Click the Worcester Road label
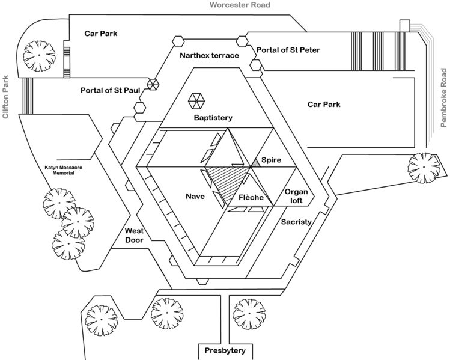coord(240,5)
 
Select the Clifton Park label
coord(5,96)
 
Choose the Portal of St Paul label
coord(111,90)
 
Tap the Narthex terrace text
coord(209,55)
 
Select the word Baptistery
coord(213,118)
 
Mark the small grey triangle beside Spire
coord(256,162)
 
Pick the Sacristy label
coord(296,222)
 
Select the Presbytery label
coord(226,351)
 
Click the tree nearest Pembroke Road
coord(424,165)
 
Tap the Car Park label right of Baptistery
coord(324,104)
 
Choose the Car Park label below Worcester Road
coord(102,34)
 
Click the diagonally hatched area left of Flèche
coord(228,180)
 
